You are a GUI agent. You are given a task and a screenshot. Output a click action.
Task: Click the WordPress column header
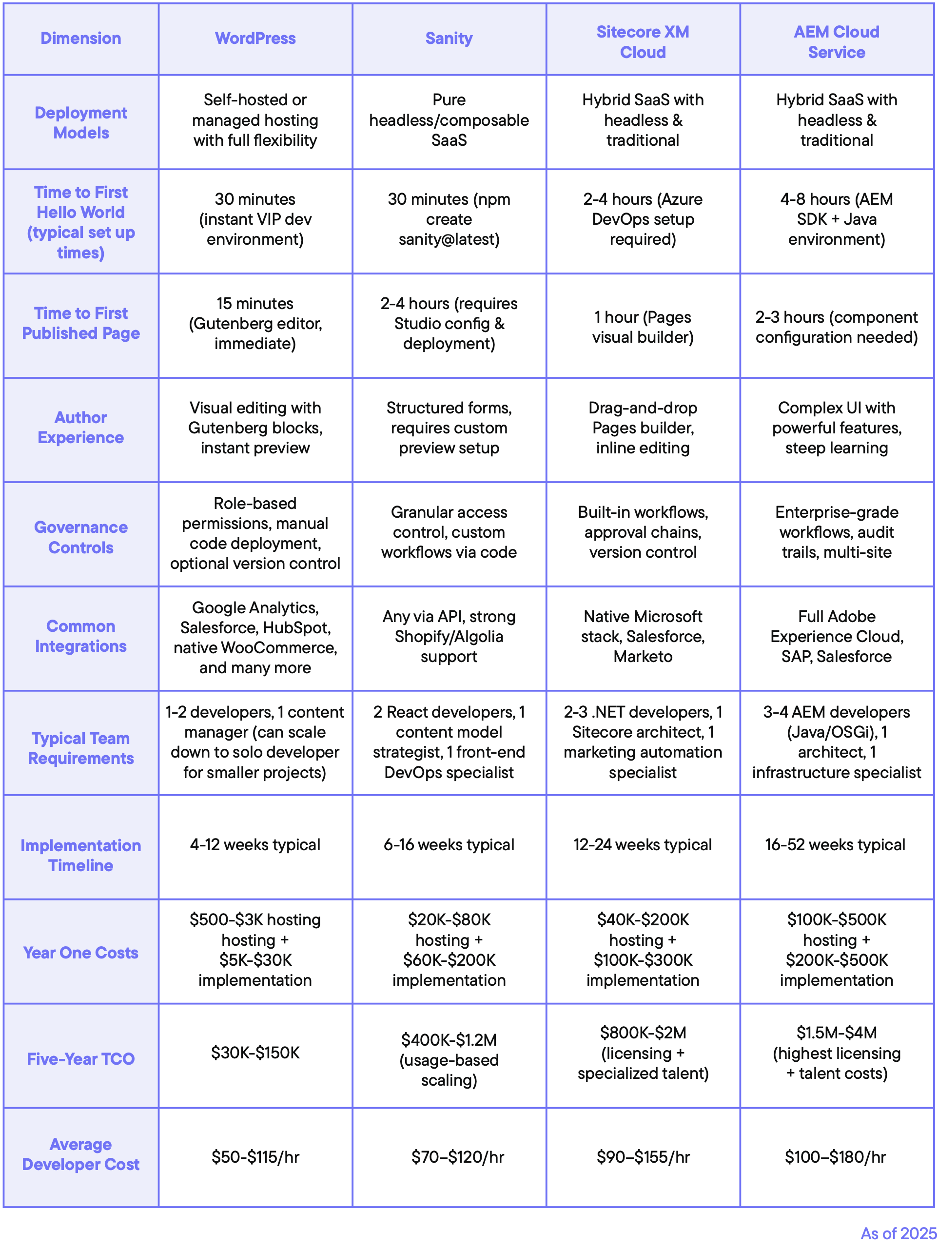point(255,39)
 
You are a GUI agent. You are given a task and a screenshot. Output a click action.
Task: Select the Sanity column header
point(449,39)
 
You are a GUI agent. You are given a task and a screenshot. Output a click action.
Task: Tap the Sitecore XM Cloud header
point(643,42)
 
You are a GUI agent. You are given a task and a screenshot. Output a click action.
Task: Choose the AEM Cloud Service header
point(836,42)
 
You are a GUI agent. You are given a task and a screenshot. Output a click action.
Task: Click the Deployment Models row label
point(81,122)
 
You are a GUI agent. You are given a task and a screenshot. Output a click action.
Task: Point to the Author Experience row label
point(81,428)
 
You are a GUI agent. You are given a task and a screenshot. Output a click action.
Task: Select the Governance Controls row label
point(81,537)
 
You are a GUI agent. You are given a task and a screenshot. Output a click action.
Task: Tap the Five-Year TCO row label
point(81,1059)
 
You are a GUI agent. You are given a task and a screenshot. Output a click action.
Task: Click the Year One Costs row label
point(81,953)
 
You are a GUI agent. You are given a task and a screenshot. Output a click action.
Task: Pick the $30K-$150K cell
point(255,1053)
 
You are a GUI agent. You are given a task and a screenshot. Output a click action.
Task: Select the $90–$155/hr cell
point(643,1157)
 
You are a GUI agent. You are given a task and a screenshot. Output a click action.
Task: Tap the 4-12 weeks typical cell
point(255,845)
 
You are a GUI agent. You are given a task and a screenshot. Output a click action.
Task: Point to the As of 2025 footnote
point(898,1233)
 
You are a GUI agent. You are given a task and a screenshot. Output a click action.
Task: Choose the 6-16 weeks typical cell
point(449,845)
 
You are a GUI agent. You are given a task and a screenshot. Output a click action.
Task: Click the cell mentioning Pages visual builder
point(643,327)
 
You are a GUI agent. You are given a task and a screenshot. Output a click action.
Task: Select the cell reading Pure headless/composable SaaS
point(449,120)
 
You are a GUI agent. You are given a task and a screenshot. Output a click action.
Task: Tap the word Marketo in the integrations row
point(643,657)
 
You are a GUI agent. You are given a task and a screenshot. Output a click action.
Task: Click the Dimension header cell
point(81,39)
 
